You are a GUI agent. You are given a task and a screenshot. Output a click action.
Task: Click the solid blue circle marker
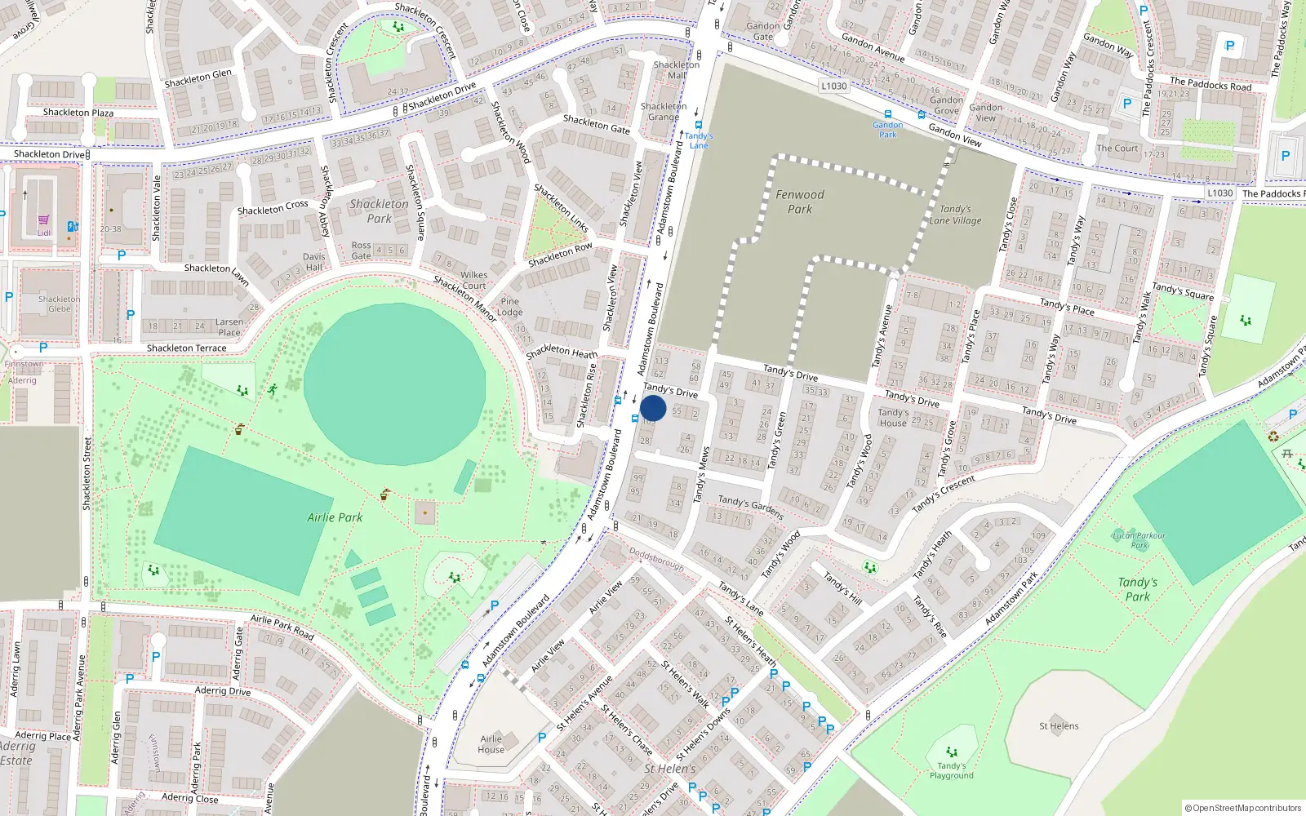pos(653,408)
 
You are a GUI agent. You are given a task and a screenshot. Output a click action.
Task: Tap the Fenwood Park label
pos(800,202)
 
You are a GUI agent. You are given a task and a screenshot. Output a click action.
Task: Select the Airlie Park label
pos(335,517)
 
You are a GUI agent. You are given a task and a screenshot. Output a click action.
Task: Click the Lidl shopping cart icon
pos(43,220)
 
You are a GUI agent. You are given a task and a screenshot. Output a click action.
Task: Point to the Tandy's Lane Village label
pos(955,215)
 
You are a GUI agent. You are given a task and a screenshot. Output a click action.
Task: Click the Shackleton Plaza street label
pos(78,113)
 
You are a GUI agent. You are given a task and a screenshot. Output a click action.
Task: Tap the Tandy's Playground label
pos(951,770)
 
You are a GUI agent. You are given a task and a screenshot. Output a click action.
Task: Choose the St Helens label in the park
pos(1059,725)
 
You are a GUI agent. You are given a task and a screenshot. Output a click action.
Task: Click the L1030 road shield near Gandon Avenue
pos(834,86)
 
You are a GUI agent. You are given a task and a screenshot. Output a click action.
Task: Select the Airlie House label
pos(491,744)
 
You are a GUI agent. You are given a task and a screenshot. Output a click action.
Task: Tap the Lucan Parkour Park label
pos(1139,540)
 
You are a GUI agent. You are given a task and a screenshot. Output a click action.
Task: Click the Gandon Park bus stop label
pos(887,129)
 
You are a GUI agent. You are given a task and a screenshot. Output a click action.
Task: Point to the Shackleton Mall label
pos(677,69)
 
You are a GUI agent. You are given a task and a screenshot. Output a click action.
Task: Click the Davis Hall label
pos(313,261)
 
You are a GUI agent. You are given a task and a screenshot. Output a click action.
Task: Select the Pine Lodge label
pos(510,307)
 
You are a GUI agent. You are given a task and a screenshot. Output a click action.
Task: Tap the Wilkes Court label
pos(473,280)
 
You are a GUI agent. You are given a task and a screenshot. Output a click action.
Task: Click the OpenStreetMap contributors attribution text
pos(1242,808)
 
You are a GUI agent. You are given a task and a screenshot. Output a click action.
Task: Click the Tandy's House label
pos(893,418)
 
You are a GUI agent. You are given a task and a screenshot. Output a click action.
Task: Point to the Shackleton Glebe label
pos(60,304)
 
